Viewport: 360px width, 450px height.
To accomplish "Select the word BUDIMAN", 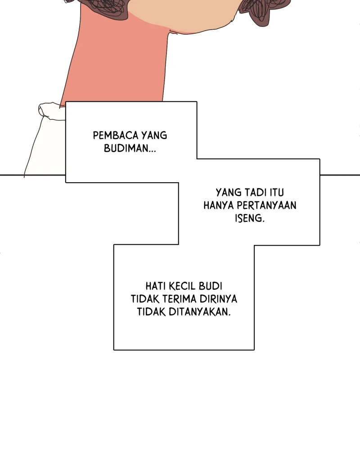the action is tap(126, 148).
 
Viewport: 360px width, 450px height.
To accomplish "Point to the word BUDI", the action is tap(211, 286).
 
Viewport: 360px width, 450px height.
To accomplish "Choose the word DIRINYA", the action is tap(218, 299).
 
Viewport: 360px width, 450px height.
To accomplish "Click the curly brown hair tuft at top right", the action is tap(264, 12).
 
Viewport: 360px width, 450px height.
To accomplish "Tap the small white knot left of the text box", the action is tap(52, 111).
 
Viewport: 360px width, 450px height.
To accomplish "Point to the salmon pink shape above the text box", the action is tap(118, 58).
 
